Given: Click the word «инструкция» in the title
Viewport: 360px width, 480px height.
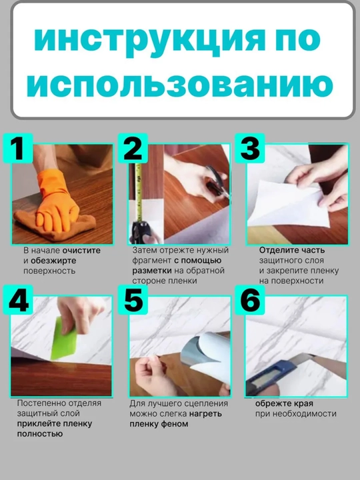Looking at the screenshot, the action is click(x=149, y=40).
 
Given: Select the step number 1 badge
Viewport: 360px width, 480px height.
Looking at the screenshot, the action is click(x=18, y=148).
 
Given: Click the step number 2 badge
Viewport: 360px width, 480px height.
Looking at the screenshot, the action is click(x=133, y=148).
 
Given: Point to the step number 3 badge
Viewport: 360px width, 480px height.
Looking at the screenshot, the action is click(x=250, y=148).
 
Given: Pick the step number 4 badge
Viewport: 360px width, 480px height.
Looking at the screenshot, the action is click(x=18, y=300).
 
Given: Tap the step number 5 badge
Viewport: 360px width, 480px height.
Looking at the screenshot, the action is click(x=133, y=300).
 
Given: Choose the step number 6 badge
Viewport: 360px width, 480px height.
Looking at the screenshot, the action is click(x=250, y=300).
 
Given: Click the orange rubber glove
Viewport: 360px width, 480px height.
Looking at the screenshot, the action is click(x=57, y=202).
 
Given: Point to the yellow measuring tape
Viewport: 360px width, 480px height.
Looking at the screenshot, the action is click(x=139, y=193).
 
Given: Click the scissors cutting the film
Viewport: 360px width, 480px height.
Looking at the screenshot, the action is click(x=217, y=182).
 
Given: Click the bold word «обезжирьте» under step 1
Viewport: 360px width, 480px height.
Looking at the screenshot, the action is click(x=53, y=261).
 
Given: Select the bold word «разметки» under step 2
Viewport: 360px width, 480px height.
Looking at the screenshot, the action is click(x=152, y=271).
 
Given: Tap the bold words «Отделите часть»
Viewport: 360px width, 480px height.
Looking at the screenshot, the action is click(x=292, y=251).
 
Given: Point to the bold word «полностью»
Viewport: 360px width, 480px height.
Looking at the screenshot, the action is click(x=40, y=434).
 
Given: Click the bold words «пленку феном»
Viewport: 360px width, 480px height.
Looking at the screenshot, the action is click(x=159, y=424).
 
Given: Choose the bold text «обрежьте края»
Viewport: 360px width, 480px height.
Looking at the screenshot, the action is click(x=284, y=404).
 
